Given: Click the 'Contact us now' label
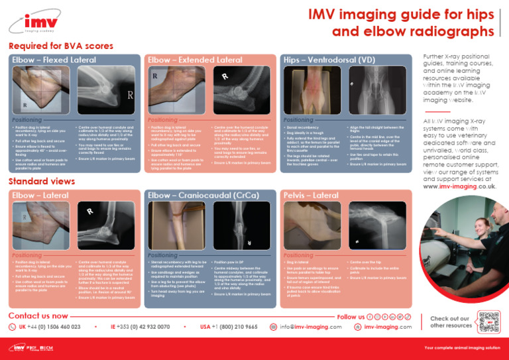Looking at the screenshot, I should (38, 316).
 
